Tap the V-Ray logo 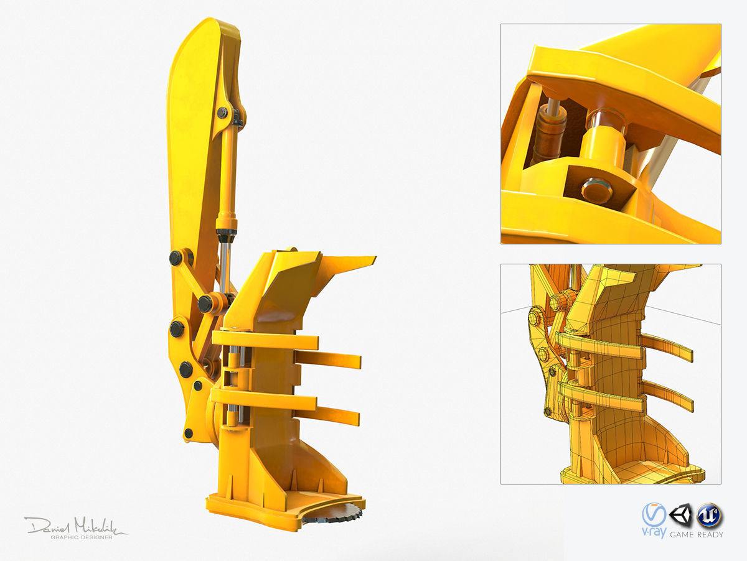pyautogui.click(x=654, y=517)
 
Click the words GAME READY pyautogui.click(x=697, y=534)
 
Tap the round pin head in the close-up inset pyautogui.click(x=596, y=190)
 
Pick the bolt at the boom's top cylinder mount pyautogui.click(x=222, y=113)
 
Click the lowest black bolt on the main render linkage pyautogui.click(x=188, y=433)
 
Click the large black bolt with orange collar pyautogui.click(x=206, y=304)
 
